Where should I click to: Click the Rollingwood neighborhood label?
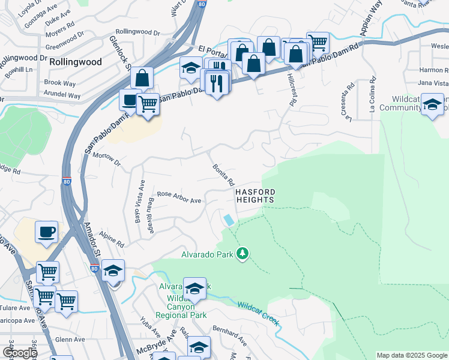(x=75, y=62)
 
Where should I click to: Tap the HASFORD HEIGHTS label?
(x=255, y=196)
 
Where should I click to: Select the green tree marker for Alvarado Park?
(x=243, y=254)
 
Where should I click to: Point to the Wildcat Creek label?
(x=258, y=314)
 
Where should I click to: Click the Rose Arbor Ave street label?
(x=179, y=197)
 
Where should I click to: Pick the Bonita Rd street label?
(x=223, y=175)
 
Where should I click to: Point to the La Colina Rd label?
(x=373, y=96)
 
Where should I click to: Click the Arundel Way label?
(x=62, y=95)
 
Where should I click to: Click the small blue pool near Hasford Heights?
(x=229, y=220)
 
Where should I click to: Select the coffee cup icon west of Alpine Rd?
(x=46, y=231)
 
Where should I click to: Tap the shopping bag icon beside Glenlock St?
(x=142, y=78)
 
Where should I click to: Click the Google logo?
(x=20, y=353)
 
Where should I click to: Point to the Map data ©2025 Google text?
(x=411, y=355)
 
